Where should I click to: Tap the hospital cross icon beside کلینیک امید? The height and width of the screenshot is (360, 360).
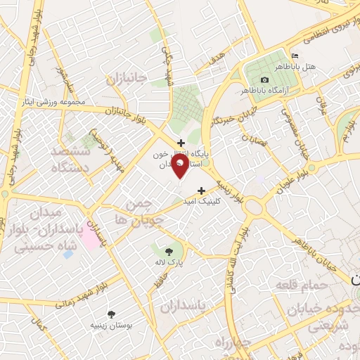point(202,190)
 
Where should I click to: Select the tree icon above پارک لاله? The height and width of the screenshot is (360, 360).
point(169,250)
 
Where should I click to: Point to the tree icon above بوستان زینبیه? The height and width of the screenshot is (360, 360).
point(111,314)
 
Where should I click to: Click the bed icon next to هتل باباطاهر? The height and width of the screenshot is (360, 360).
point(295,56)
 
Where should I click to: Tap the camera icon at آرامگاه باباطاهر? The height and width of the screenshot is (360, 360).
point(264,80)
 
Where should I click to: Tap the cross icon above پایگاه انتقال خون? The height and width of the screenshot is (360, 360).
point(181,143)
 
